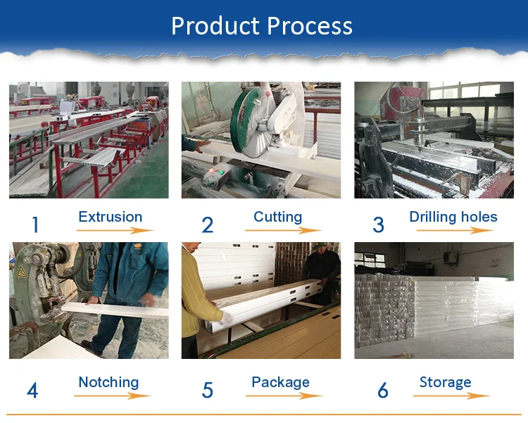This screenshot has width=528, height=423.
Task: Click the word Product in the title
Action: pos(215,26)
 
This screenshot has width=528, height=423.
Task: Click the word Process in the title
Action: pos(310,26)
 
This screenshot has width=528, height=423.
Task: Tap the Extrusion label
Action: pos(111,217)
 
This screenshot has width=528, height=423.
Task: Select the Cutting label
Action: pos(278,217)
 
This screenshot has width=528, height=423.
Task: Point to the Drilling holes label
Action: pos(453,217)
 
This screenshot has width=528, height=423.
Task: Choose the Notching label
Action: pos(108,383)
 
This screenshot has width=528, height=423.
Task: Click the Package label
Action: pos(280,383)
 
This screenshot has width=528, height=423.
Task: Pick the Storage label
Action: pos(445,383)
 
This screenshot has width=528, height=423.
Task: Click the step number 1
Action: pos(35,225)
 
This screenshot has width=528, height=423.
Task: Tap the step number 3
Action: pos(379,225)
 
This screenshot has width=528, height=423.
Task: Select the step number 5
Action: pos(208,391)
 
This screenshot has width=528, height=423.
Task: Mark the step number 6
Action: pos(383,391)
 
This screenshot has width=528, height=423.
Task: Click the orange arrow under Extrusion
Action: pos(115,230)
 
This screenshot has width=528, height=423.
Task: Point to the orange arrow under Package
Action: pos(284,396)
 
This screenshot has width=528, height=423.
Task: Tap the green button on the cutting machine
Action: pos(221,172)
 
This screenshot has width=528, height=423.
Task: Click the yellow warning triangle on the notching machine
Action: pos(22,272)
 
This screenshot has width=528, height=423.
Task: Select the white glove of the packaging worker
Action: pos(226,318)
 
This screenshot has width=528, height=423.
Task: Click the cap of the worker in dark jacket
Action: pos(318,246)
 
